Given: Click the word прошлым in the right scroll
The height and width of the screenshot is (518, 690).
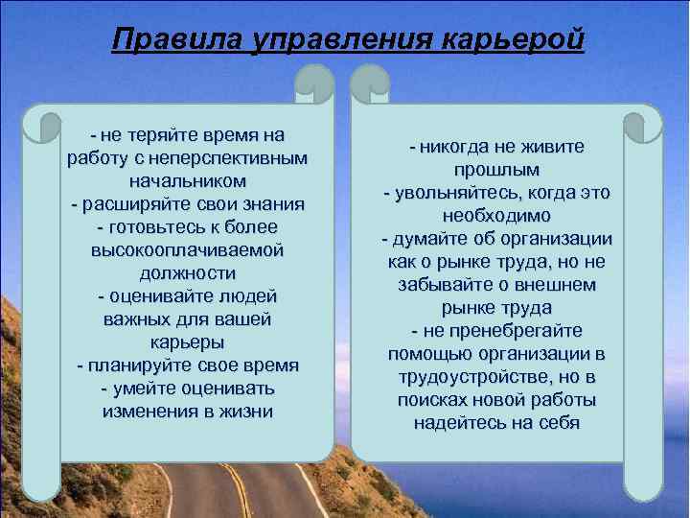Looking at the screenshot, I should click(x=496, y=170).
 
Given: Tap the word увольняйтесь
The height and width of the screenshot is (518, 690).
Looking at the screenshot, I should click(x=454, y=193).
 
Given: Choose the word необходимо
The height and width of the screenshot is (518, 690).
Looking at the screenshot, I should click(x=496, y=216).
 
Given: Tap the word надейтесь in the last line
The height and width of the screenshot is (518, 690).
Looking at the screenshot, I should click(x=456, y=423).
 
